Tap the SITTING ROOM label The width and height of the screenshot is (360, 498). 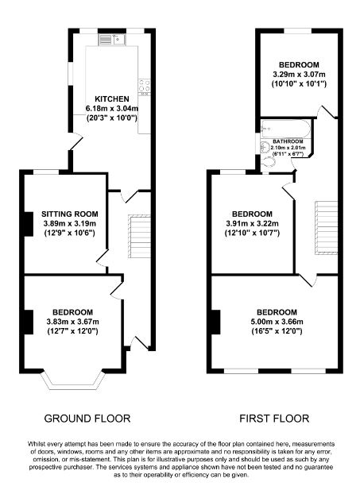point(70,214)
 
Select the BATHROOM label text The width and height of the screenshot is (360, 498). point(288,141)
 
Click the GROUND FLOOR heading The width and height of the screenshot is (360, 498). point(87,419)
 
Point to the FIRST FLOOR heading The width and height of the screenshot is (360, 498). point(274,419)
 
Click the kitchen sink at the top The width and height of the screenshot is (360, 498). point(113,40)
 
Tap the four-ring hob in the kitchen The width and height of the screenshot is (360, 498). point(145,87)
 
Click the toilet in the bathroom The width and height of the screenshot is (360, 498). point(268,163)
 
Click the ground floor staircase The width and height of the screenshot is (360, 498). point(139,236)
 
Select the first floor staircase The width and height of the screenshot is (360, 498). point(326,227)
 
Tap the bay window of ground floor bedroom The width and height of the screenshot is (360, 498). point(73,380)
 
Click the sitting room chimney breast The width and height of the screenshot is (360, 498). point(29,224)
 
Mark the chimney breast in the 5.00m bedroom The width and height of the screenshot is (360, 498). point(215,322)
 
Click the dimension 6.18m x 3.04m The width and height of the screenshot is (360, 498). point(112,109)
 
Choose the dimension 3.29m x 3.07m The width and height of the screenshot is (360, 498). point(299,75)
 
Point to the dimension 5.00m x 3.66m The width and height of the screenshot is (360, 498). point(277,322)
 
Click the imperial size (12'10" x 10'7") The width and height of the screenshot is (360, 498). point(252,234)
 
